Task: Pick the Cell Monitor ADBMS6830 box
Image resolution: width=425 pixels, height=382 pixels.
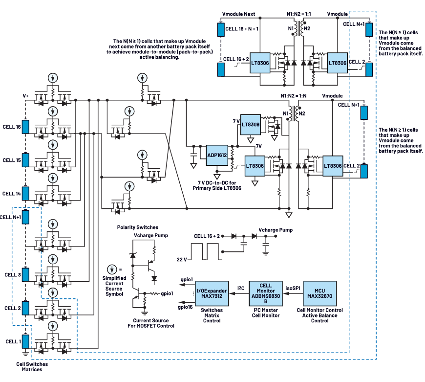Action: [265, 292]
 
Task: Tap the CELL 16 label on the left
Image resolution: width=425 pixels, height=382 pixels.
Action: [11, 126]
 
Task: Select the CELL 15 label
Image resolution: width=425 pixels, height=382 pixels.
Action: [11, 160]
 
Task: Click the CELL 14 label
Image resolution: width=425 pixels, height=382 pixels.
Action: [11, 194]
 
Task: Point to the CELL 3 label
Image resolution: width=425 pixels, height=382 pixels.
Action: [11, 275]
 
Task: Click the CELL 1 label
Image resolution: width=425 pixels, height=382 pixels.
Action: [11, 341]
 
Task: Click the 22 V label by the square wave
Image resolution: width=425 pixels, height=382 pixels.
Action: [182, 259]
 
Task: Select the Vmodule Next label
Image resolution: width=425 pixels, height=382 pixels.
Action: [238, 14]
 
